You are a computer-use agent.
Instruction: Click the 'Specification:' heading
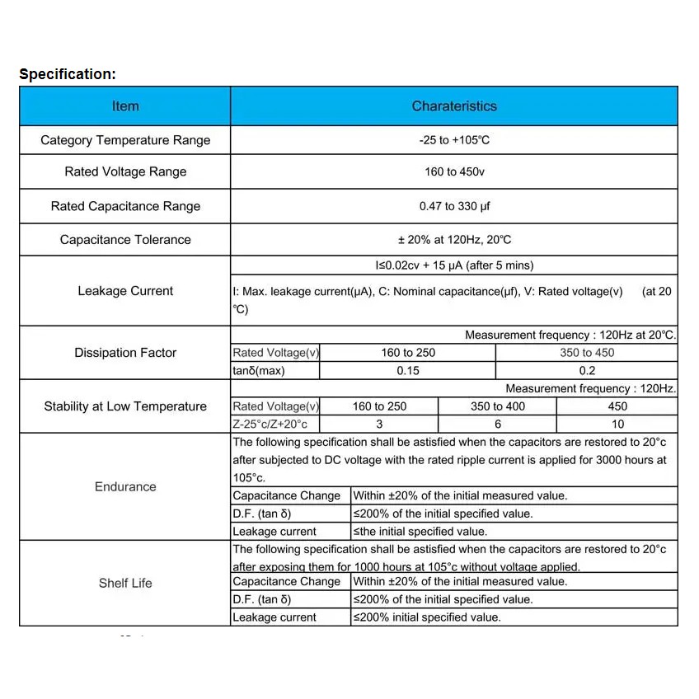(68, 74)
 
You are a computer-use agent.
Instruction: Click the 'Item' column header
(125, 106)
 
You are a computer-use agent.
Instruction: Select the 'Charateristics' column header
(454, 106)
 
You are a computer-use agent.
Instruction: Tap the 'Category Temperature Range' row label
(125, 140)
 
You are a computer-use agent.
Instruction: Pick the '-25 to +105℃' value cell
(454, 140)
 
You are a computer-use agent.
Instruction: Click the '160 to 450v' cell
(454, 171)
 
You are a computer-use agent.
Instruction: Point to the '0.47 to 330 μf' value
(454, 206)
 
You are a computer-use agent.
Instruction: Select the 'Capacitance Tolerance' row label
(125, 240)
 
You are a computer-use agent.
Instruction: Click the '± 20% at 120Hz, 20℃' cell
(454, 240)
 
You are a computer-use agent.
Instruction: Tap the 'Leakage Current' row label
(125, 291)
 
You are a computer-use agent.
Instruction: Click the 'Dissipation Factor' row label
(125, 353)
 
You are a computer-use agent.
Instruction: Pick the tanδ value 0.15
(408, 371)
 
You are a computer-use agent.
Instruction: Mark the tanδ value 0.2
(587, 371)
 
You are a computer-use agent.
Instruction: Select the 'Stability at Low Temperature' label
(125, 406)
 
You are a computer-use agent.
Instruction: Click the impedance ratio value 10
(617, 424)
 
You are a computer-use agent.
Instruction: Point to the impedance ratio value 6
(498, 424)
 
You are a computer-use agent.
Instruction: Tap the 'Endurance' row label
(125, 487)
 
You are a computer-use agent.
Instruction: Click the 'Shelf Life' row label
(125, 583)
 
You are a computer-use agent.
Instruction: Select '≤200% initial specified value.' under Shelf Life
(427, 617)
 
